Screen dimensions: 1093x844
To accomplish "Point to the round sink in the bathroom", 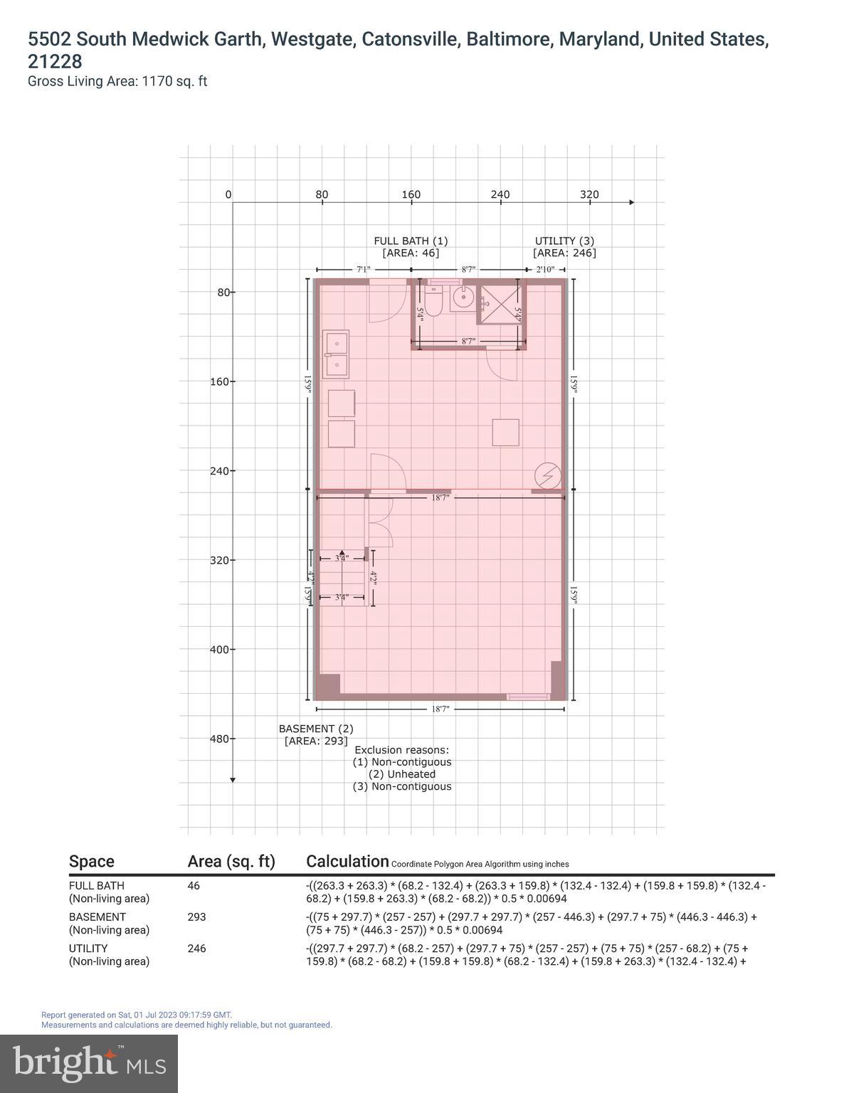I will [x=463, y=299].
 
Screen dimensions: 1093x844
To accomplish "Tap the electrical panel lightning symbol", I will [x=548, y=475].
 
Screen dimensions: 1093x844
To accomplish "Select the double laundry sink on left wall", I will [x=335, y=354].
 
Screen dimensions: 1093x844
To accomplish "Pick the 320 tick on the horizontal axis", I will [x=589, y=195].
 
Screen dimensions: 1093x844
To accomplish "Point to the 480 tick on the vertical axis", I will [x=220, y=739].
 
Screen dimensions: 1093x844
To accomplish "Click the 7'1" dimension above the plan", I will [x=363, y=270].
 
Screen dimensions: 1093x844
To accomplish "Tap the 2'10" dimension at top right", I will [x=545, y=270].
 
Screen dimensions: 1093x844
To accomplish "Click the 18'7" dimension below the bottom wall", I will [x=441, y=709].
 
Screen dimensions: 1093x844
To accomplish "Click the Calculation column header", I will [x=347, y=861].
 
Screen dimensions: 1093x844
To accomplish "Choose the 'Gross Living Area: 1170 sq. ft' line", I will [x=117, y=81].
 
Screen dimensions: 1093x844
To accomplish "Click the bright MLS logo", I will [x=89, y=1063].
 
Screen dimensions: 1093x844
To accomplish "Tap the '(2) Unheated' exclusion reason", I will [x=402, y=774].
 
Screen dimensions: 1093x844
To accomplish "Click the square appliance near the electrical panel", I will [x=505, y=432].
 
